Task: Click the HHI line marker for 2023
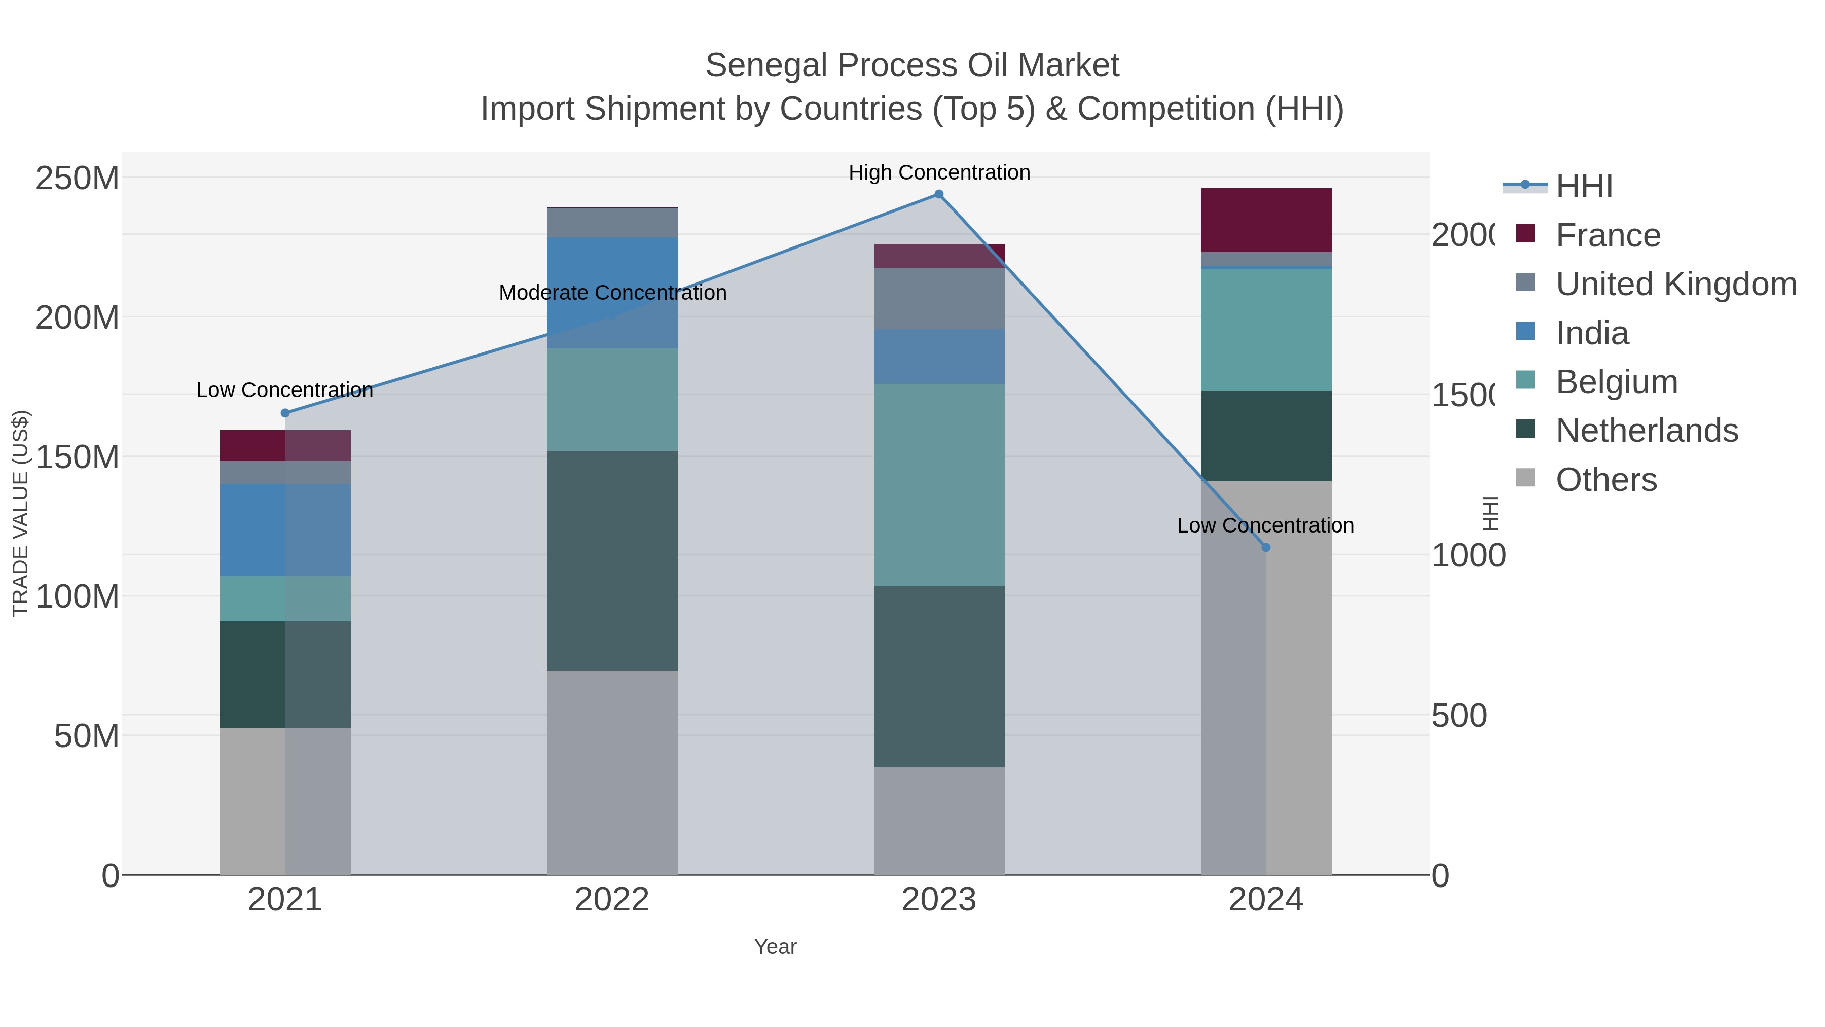939,194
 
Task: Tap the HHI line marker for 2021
285,413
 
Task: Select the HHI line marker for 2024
1266,547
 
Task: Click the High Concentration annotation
939,172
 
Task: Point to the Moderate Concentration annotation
612,293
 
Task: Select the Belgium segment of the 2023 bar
939,485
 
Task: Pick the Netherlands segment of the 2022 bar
612,560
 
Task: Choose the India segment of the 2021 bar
285,529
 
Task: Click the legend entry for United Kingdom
1675,284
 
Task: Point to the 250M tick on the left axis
77,178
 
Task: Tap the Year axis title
775,947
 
